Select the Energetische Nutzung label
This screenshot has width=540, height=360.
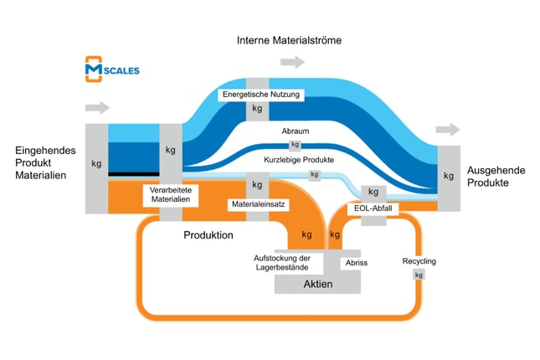coord(261,95)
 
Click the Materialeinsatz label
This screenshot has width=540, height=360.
coord(256,203)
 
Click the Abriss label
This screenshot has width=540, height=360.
coord(356,263)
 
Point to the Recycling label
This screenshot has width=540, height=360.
coord(419,261)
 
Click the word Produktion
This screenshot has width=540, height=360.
coord(208,235)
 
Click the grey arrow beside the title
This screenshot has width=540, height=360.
coord(292,62)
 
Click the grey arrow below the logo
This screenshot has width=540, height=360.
coord(97,108)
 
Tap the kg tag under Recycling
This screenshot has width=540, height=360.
coord(419,275)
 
